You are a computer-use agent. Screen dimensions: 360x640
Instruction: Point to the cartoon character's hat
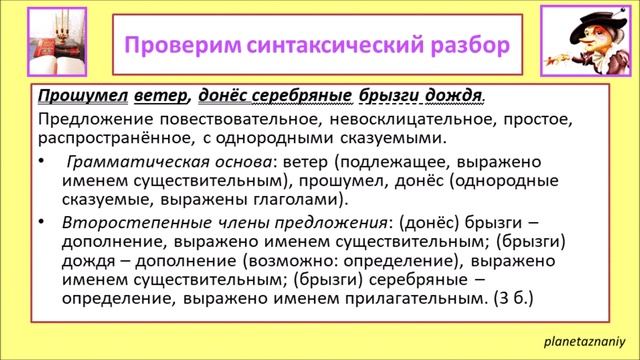point(580,21)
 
